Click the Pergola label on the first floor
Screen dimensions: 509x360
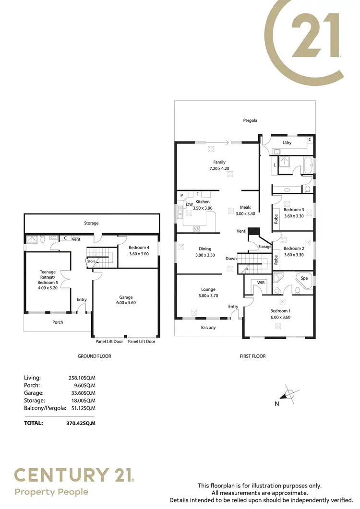[x=250, y=120]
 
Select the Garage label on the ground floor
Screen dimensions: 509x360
[x=126, y=297]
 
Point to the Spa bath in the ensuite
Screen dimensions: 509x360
[x=304, y=278]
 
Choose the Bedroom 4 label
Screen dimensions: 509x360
[x=139, y=248]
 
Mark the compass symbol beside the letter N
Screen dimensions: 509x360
[x=289, y=394]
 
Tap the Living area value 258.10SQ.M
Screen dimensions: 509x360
[x=82, y=378]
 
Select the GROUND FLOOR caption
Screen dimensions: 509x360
[x=94, y=356]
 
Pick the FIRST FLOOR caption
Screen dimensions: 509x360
[x=252, y=356]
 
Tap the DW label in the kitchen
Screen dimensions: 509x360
[x=189, y=204]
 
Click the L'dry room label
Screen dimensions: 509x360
[x=287, y=142]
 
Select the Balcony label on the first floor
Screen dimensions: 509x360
[x=208, y=328]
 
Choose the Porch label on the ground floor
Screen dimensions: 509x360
[x=58, y=322]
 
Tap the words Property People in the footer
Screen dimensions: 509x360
[x=51, y=492]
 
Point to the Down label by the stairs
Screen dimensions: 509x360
[x=231, y=259]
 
